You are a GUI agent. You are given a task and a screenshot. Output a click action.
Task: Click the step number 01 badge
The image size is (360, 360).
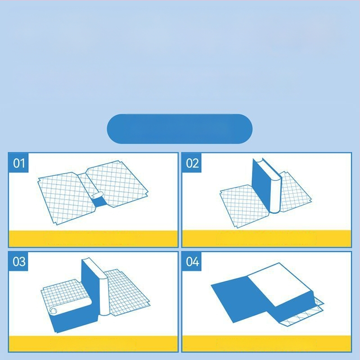[18, 163]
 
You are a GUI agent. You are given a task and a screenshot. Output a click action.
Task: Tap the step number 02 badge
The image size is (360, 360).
[192, 163]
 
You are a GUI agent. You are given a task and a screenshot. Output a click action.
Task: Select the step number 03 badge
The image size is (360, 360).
[18, 261]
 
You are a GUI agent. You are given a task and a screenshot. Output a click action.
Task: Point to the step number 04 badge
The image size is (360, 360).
[192, 261]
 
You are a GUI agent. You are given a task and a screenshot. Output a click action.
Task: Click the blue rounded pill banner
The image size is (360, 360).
[180, 129]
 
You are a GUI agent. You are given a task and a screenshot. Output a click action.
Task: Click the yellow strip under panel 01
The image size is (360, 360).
[93, 238]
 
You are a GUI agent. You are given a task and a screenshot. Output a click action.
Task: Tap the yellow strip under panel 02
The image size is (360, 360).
[266, 238]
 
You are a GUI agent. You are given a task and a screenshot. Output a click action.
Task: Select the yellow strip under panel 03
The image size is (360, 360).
[93, 343]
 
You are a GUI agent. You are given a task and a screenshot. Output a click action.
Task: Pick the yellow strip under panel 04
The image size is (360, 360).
[266, 343]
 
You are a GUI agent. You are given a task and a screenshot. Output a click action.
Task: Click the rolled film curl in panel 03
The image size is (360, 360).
[53, 310]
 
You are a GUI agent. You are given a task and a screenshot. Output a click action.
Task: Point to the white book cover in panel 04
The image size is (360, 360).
[280, 285]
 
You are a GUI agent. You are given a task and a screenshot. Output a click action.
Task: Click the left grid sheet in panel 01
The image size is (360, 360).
[67, 198]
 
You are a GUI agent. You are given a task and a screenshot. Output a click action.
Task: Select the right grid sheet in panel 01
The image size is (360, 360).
[117, 184]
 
